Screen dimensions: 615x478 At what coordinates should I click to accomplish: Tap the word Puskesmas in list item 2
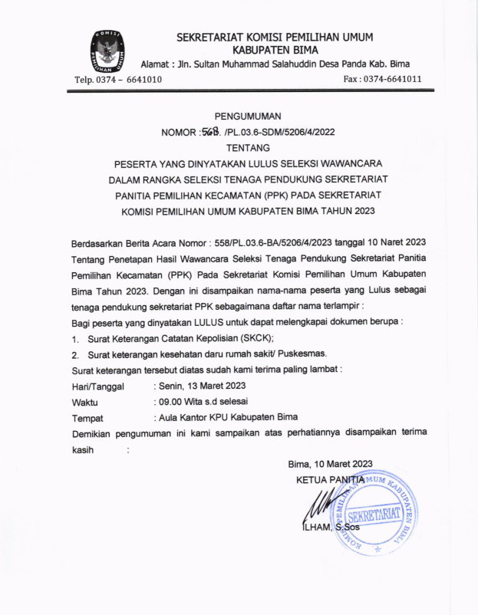click(305, 354)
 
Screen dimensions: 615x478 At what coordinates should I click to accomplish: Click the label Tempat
click(87, 419)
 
